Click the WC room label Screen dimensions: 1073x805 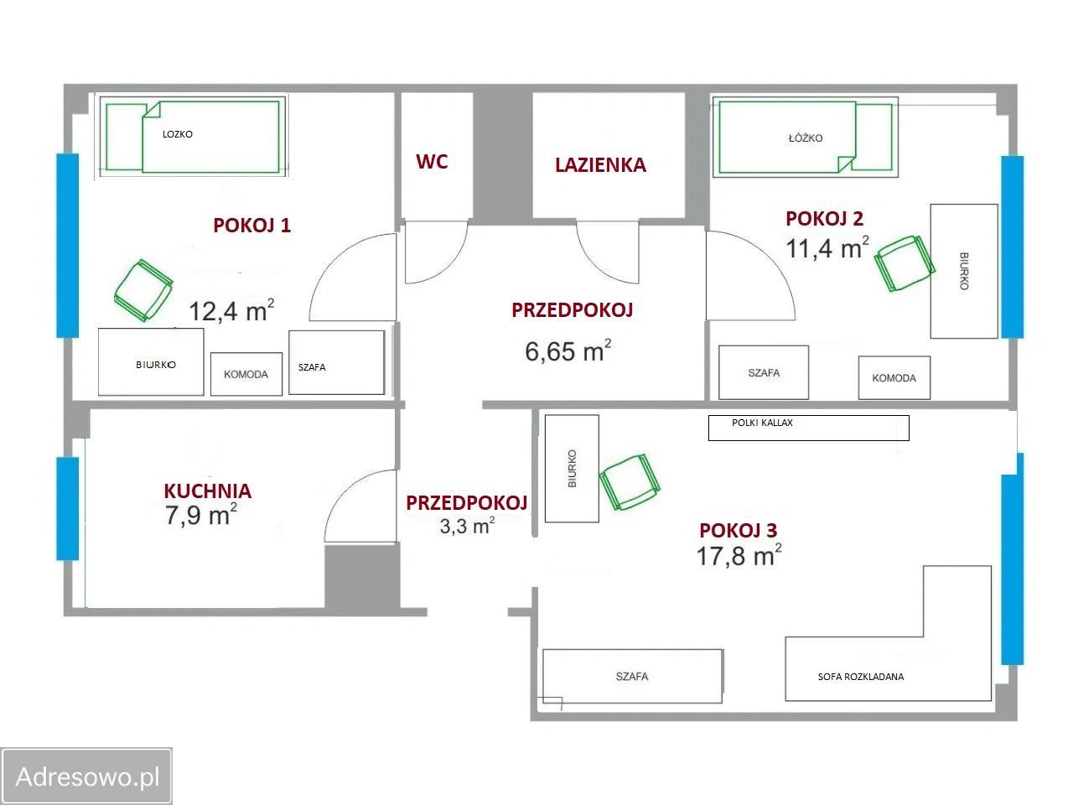[432, 162]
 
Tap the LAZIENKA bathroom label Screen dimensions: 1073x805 [600, 165]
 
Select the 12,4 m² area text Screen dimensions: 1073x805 [231, 311]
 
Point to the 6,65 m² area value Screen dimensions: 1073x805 [568, 351]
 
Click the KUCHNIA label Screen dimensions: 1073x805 [208, 491]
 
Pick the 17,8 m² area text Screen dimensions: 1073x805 [739, 556]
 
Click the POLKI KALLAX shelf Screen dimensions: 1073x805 [809, 428]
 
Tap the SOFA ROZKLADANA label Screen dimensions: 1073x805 [860, 677]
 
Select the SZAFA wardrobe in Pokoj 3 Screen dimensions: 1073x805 [633, 676]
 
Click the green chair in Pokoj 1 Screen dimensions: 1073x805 [143, 290]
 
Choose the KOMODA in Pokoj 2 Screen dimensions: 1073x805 [894, 377]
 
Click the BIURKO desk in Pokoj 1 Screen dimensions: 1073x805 [151, 361]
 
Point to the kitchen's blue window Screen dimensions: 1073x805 [67, 508]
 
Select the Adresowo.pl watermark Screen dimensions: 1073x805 [87, 776]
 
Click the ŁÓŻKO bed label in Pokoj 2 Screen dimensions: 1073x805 [805, 138]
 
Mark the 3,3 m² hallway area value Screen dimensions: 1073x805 [467, 527]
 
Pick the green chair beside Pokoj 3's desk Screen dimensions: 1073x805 [630, 481]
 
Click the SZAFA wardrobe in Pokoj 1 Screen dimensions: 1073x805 [337, 362]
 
